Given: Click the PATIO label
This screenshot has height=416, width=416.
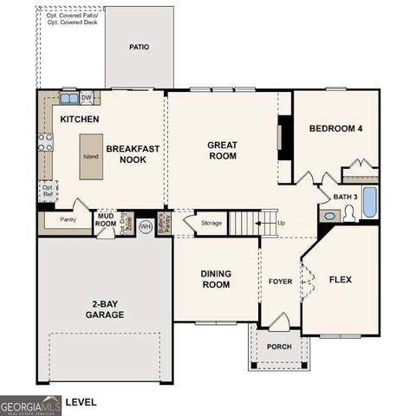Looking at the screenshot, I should (x=139, y=47).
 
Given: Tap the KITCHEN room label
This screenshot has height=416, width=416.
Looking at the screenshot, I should (x=79, y=119).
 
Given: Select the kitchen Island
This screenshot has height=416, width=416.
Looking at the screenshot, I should (x=91, y=157).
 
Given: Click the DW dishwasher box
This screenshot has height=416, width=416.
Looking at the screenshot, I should (x=87, y=98).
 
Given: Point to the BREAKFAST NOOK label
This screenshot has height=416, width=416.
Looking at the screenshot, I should (x=133, y=154).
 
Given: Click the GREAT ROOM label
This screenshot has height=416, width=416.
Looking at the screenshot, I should (x=222, y=150).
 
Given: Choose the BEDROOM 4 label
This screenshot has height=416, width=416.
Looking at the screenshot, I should (x=335, y=129).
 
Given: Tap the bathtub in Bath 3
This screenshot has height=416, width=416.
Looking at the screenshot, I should (x=369, y=203).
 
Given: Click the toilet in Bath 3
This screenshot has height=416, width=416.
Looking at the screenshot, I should (x=350, y=213).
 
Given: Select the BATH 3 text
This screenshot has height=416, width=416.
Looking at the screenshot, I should (x=345, y=198).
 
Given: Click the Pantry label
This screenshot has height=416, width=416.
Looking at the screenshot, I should (x=68, y=220).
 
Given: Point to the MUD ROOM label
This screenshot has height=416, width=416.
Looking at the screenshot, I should (x=106, y=219).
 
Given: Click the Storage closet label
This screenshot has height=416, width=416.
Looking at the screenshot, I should (x=211, y=224).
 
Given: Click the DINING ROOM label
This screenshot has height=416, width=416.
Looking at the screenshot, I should (x=216, y=279).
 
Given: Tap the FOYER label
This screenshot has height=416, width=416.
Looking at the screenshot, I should (x=281, y=281).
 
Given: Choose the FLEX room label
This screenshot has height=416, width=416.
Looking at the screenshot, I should (x=341, y=279).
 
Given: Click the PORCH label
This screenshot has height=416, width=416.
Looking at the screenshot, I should (x=278, y=347).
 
